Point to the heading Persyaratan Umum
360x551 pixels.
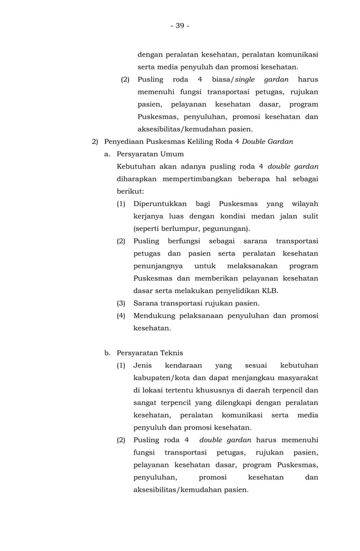click(x=150, y=154)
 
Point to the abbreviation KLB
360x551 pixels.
click(x=269, y=291)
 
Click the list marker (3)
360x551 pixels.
click(x=121, y=303)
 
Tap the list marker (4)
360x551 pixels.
click(x=121, y=316)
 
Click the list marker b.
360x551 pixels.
click(x=107, y=353)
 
